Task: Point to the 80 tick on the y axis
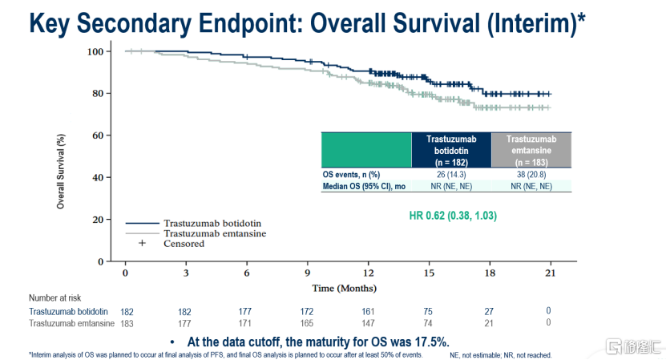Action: pyautogui.click(x=99, y=93)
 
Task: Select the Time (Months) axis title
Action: pyautogui.click(x=345, y=288)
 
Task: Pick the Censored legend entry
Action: pyautogui.click(x=184, y=244)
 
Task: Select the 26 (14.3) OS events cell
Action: pyautogui.click(x=450, y=173)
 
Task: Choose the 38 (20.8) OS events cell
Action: pyautogui.click(x=531, y=173)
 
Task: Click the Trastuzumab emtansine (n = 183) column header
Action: pyautogui.click(x=531, y=150)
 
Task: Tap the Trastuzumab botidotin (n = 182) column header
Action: pyautogui.click(x=450, y=150)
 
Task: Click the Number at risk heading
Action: pyautogui.click(x=56, y=297)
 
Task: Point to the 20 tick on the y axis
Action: pyautogui.click(x=99, y=219)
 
